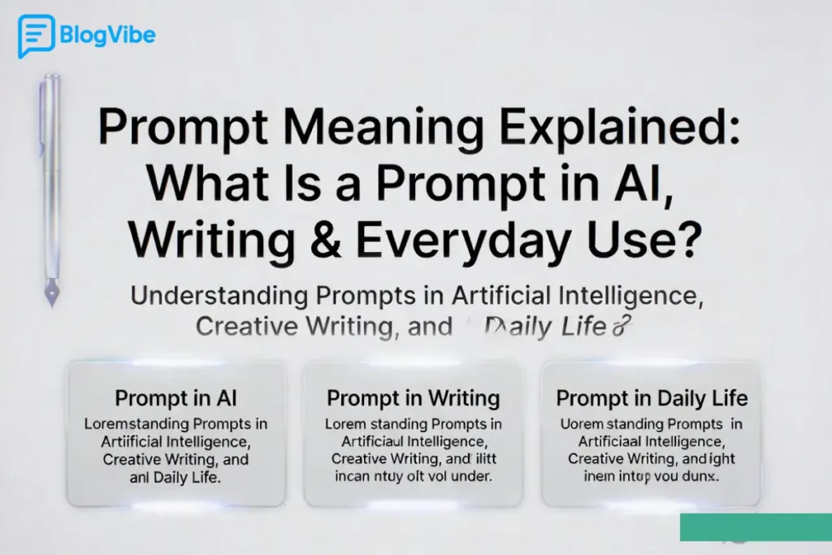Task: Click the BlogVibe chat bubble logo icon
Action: pyautogui.click(x=36, y=36)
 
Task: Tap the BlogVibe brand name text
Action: pyautogui.click(x=107, y=35)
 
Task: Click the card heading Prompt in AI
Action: pyautogui.click(x=175, y=398)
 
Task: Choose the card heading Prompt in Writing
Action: pyautogui.click(x=413, y=398)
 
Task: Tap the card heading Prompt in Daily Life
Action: pyautogui.click(x=652, y=398)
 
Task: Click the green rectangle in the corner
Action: pyautogui.click(x=755, y=527)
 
